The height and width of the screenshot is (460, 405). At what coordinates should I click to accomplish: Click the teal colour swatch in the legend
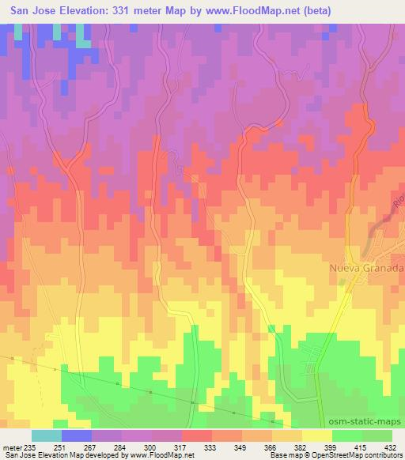coord(47,435)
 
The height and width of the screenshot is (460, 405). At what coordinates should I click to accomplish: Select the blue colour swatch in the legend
coord(77,435)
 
